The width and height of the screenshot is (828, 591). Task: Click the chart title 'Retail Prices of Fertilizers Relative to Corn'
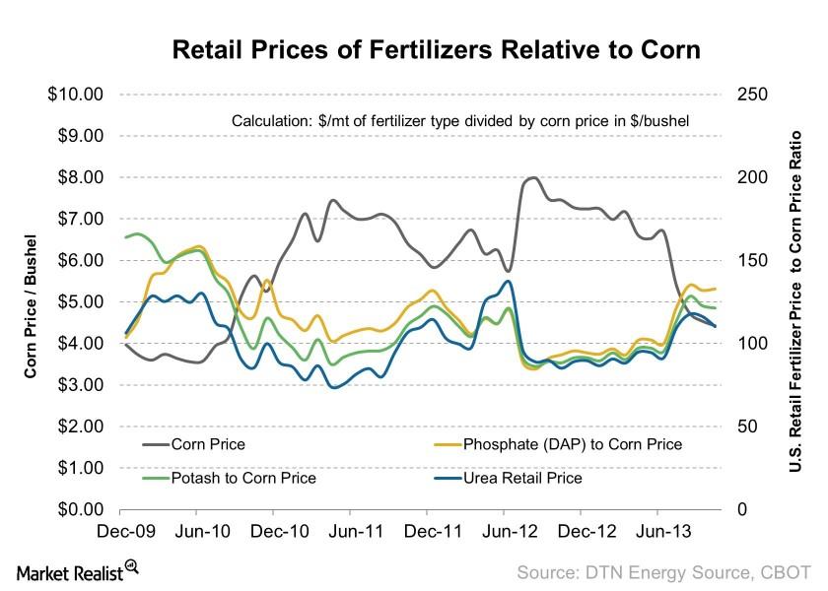(x=436, y=50)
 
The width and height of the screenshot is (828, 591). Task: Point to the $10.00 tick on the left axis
(x=76, y=95)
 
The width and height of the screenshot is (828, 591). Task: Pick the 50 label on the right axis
(x=744, y=427)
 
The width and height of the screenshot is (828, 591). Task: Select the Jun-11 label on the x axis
(x=350, y=531)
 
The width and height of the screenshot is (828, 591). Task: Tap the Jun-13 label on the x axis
(x=657, y=531)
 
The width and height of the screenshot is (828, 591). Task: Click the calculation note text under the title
(x=459, y=120)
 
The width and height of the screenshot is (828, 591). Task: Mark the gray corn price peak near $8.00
(x=532, y=178)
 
